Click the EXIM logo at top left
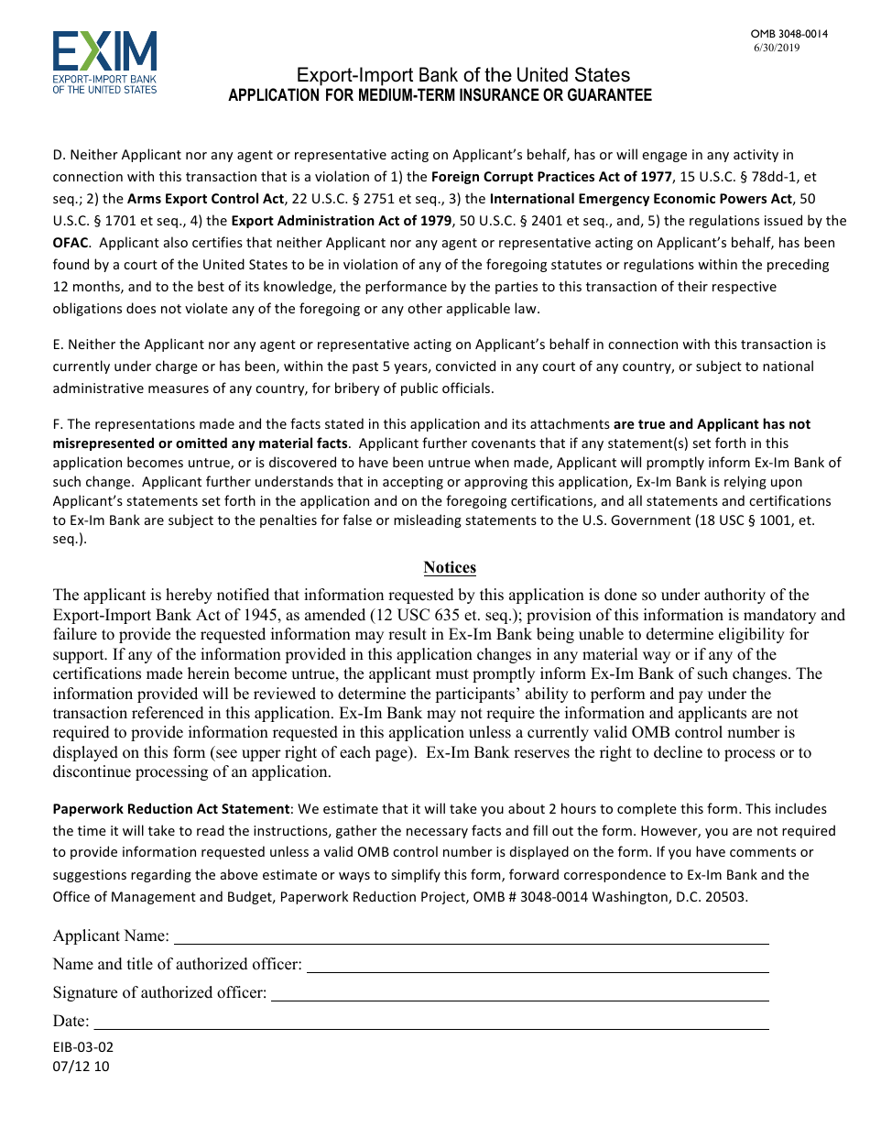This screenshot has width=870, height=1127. (104, 62)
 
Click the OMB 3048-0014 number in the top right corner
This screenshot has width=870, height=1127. (788, 34)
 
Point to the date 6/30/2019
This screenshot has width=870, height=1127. (777, 48)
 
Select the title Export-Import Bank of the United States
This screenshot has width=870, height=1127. (463, 76)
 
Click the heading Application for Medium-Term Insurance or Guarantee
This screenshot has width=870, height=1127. (440, 95)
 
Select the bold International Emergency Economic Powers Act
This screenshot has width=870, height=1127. (641, 199)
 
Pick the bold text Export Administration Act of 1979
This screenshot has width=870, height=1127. (341, 221)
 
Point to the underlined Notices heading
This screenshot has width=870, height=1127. (450, 568)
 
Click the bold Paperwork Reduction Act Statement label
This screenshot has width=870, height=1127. (171, 809)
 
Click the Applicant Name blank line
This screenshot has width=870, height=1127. (471, 938)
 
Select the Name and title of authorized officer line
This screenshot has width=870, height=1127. (537, 967)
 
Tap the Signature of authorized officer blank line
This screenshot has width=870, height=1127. (519, 995)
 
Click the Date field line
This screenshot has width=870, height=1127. (430, 1023)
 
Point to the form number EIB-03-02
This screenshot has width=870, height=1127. (83, 1047)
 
